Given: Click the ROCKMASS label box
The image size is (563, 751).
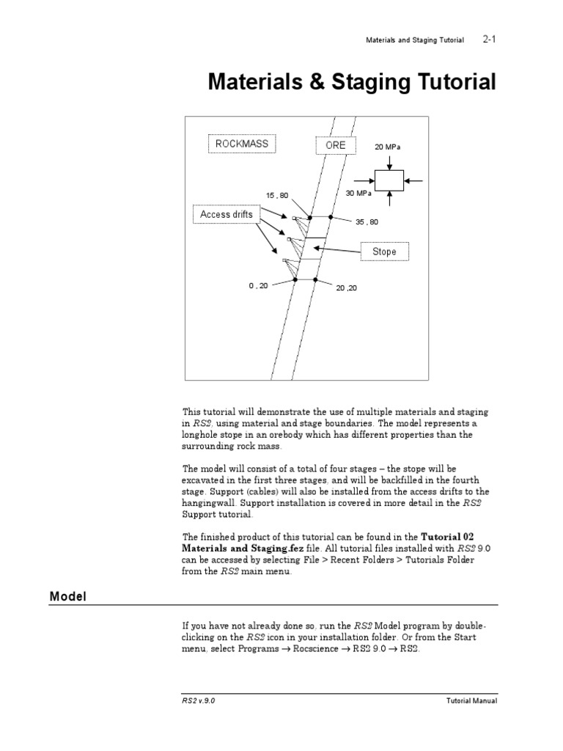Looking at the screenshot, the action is [x=241, y=144].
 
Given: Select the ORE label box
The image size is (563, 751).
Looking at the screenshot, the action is [x=335, y=145].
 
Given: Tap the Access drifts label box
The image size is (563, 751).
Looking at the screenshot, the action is [x=227, y=215].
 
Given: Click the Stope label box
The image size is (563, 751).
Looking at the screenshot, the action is [x=384, y=252].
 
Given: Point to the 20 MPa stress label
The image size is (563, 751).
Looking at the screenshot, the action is [x=389, y=147].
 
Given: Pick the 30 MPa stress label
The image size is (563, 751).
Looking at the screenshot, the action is [x=358, y=194].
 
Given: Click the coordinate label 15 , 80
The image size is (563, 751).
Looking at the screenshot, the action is [x=277, y=195].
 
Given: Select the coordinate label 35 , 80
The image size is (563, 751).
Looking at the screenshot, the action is [x=367, y=221].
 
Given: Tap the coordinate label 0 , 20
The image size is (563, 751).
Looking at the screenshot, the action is [x=258, y=286].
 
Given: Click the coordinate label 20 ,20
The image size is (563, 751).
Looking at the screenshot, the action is [x=347, y=288].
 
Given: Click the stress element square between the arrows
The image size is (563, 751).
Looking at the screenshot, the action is [x=389, y=180].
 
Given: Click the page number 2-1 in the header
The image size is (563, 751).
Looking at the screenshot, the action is [x=490, y=40].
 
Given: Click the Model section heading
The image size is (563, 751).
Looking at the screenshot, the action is [x=68, y=597].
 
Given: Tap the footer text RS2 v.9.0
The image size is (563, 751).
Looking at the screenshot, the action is [x=199, y=700].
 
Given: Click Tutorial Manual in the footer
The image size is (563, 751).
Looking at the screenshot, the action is [x=472, y=700].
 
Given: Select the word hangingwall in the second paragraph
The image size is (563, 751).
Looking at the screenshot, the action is [x=208, y=502].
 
